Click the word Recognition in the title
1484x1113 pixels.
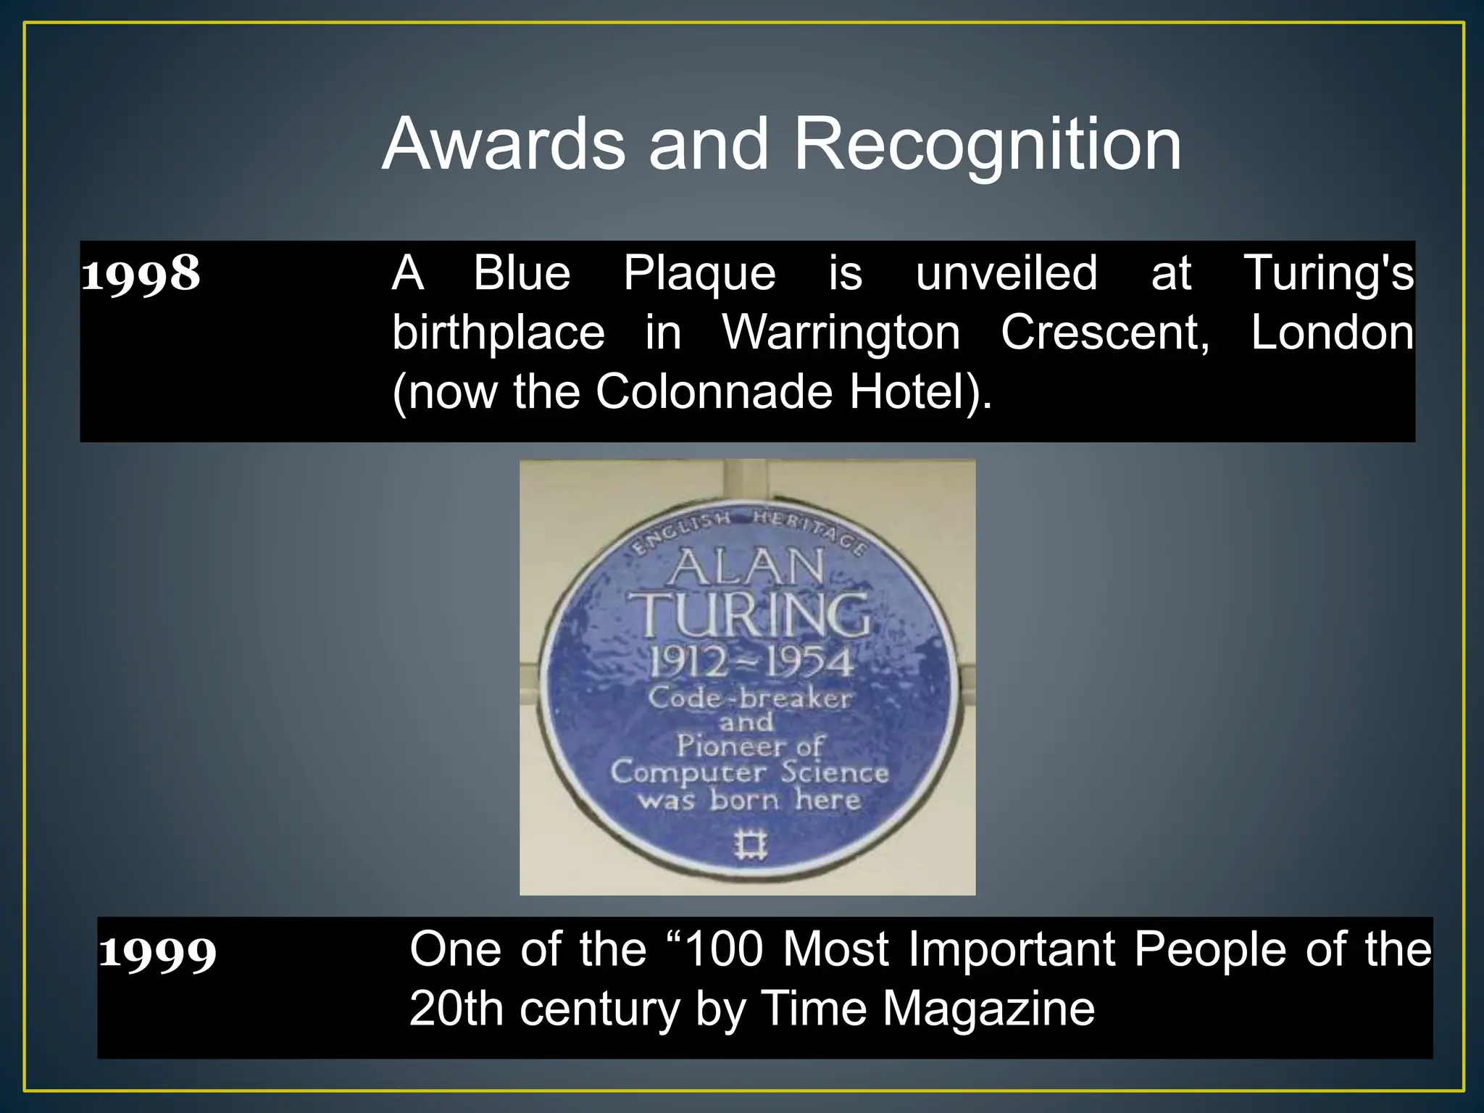(x=988, y=145)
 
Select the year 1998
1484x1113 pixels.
(x=141, y=274)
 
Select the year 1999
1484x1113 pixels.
(x=157, y=952)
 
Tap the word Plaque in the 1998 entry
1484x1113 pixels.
(x=699, y=275)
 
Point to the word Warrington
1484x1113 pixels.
(x=841, y=333)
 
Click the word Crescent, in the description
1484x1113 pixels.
(x=1105, y=333)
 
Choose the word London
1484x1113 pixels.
(x=1332, y=333)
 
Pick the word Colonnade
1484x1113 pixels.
(x=714, y=392)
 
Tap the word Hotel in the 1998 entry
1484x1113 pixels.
(x=914, y=392)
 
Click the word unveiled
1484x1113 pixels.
(x=1006, y=273)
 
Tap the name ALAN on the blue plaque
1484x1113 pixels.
(x=746, y=567)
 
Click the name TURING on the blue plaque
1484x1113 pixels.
(x=750, y=614)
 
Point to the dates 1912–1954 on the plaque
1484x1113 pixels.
(x=750, y=662)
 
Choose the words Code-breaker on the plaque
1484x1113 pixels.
(x=750, y=698)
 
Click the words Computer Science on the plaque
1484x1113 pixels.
(x=750, y=772)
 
